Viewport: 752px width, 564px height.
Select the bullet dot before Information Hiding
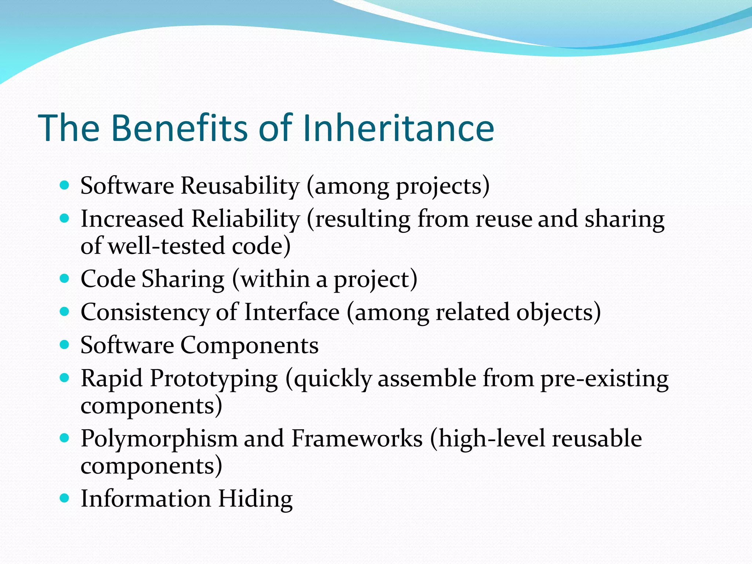click(64, 498)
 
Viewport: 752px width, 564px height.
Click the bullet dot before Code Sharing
click(64, 279)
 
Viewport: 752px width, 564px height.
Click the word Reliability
click(245, 219)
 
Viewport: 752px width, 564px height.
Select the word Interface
click(292, 312)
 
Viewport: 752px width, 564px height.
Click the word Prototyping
click(214, 379)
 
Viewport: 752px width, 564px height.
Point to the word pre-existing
click(604, 379)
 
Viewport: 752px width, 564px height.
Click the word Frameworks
click(357, 438)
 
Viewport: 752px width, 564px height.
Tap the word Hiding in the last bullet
click(256, 499)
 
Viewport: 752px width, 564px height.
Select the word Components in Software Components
click(249, 345)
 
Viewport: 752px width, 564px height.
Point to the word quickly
click(333, 379)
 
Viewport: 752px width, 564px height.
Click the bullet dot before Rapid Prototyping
click(64, 378)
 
